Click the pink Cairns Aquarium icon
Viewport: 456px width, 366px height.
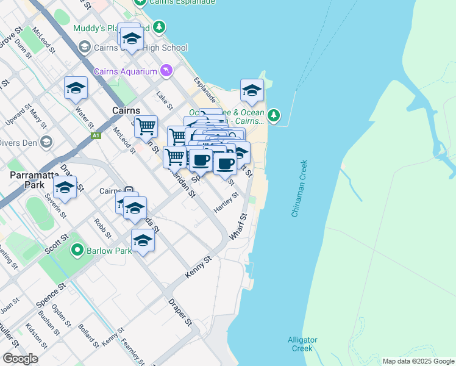165,72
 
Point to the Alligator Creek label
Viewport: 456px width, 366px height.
300,344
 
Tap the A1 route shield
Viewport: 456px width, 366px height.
95,136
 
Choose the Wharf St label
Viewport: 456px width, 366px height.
237,226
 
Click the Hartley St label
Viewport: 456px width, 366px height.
225,204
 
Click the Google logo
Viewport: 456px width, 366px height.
20,359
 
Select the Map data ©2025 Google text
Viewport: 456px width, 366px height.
418,361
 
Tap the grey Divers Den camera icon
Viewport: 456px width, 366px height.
46,142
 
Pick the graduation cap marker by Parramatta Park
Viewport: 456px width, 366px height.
65,186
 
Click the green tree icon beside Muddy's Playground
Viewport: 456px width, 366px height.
159,27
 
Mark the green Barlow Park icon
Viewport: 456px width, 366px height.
77,250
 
